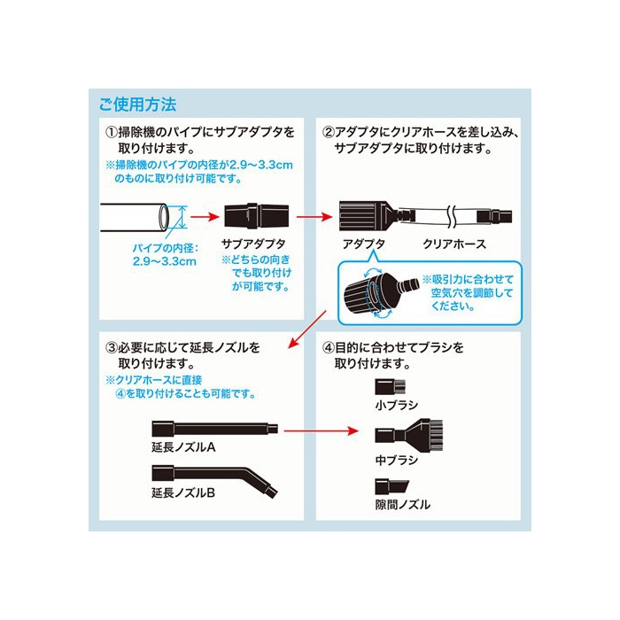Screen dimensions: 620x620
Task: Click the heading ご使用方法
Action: tap(137, 105)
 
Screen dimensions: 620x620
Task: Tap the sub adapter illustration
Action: tap(256, 216)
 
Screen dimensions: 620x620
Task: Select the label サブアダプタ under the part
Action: tap(253, 244)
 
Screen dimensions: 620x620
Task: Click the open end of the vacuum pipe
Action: tap(164, 218)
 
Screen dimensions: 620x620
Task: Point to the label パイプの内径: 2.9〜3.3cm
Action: tap(165, 255)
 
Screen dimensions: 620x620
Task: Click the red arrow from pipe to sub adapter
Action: tap(205, 217)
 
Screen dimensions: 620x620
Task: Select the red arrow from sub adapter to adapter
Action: tap(314, 217)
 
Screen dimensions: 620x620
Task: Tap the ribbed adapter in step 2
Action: tap(368, 216)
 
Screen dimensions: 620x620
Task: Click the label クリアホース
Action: tap(454, 244)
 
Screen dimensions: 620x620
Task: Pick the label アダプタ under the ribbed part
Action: tap(364, 244)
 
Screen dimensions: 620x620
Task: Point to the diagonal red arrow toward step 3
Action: tap(307, 329)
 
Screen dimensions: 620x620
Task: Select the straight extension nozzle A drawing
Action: tap(214, 429)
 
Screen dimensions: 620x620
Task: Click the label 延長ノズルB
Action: tap(183, 492)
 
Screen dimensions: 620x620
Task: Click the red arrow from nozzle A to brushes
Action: tap(321, 430)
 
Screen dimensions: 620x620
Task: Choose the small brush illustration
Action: tap(391, 387)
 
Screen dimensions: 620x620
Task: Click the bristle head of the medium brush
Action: tap(435, 436)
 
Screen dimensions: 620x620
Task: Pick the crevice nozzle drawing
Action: tap(391, 487)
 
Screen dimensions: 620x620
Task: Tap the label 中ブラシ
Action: tap(397, 461)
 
